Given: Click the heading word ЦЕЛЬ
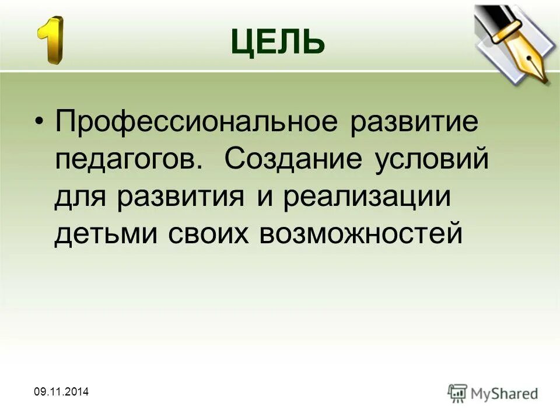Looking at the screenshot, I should [x=278, y=41].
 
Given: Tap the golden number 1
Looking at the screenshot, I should [x=51, y=40].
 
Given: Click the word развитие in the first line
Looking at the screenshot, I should [x=415, y=124].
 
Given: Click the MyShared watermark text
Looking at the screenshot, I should [x=505, y=394].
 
